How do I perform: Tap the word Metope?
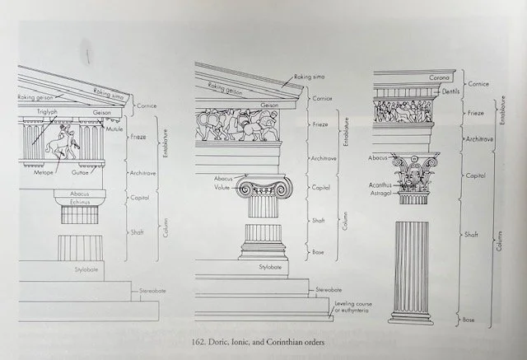44,174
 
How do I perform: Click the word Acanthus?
379,185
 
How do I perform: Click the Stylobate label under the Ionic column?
270,268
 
